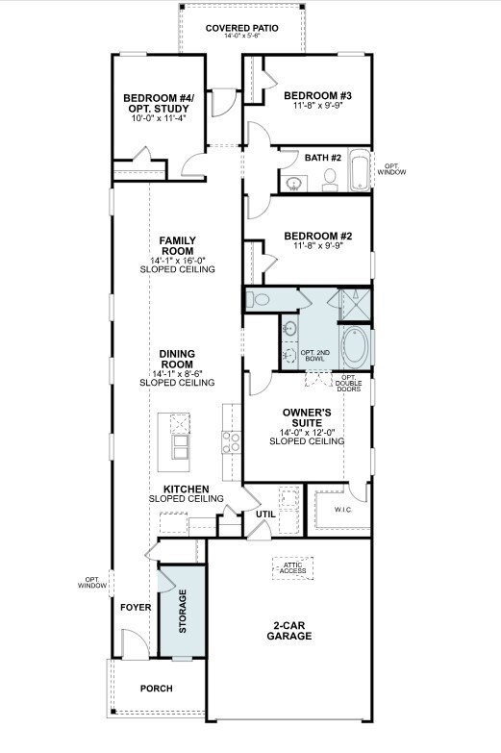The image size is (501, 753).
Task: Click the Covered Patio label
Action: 241,28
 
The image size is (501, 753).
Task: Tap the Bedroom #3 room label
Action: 317,95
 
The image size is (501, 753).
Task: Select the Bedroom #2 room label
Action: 318,236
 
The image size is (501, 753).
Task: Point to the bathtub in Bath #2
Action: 360,169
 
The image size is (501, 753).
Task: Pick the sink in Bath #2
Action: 294,184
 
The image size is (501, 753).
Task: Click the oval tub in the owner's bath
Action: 355,346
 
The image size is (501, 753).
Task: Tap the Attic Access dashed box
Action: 292,568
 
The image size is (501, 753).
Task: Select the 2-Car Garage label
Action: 289,631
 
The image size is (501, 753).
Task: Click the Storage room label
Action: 183,611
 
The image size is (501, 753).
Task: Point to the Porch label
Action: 156,689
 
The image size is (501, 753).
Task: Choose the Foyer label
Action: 136,608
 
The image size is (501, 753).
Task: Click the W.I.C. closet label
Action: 343,510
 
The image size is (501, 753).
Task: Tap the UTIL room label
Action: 265,514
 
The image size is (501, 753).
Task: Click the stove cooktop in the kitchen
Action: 231,441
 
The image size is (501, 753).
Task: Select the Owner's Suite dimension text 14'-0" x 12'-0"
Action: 307,432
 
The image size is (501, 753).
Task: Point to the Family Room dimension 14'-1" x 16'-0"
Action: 178,261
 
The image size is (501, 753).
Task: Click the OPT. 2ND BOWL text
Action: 315,356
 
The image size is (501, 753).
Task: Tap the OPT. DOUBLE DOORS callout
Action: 349,383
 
